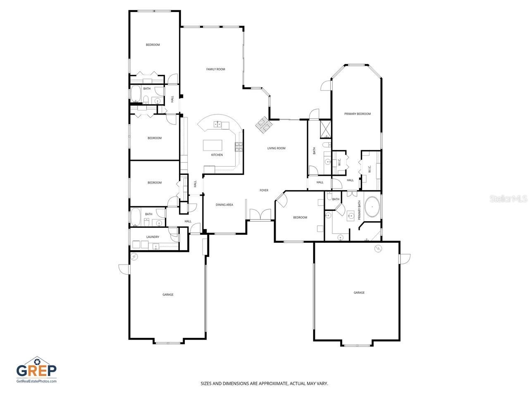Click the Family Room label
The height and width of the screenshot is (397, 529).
pos(215,69)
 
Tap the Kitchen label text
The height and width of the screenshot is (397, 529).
pos(217,155)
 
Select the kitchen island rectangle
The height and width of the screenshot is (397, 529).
pos(212,146)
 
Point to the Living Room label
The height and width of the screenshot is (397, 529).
pos(276,148)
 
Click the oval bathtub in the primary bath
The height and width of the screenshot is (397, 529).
pos(373,206)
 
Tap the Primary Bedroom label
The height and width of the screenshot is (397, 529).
pos(357,114)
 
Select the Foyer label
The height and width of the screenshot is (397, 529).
pos(264,190)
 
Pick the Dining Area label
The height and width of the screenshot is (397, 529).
pos(224,205)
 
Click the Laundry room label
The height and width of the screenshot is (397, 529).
pos(153,237)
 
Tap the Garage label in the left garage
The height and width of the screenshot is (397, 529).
pos(168,294)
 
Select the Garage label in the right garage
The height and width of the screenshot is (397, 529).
pos(359,292)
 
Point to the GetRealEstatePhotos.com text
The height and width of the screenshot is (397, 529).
pos(36,381)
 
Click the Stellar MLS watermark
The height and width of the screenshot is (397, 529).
pos(508,199)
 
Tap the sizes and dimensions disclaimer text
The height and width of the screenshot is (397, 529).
pos(264,384)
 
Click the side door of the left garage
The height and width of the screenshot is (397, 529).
pos(124,269)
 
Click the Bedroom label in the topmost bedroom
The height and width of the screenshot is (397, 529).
pos(153,45)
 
